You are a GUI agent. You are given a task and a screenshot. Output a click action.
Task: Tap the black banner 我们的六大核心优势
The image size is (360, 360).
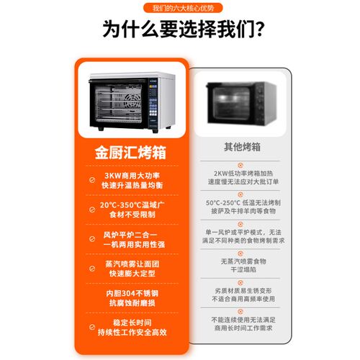point(180,7)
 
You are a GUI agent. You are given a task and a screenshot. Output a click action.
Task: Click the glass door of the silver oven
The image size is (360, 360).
point(119,107)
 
